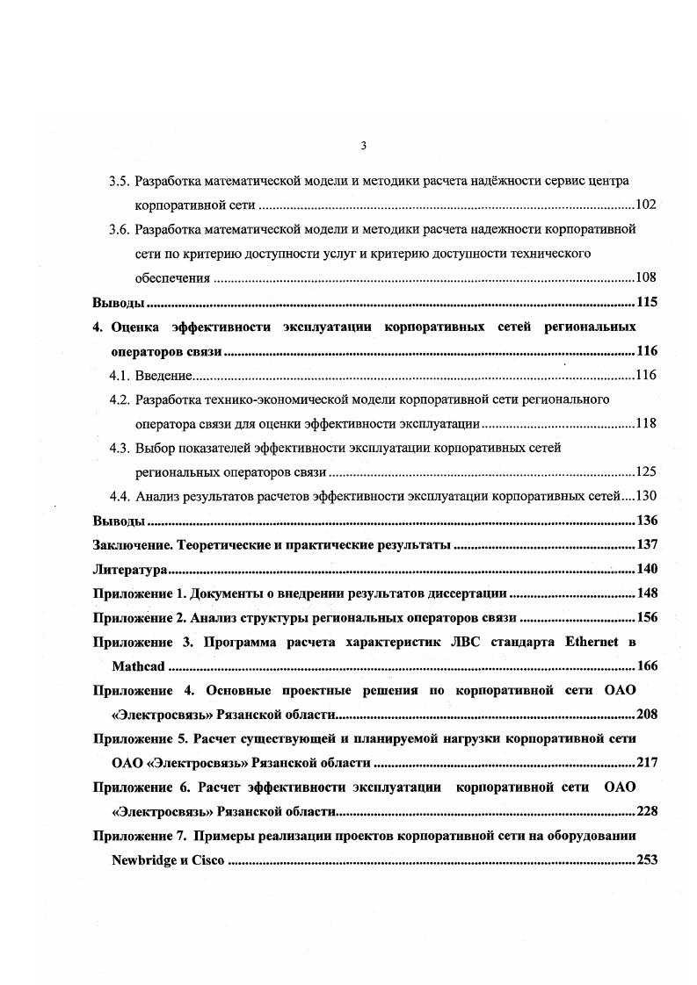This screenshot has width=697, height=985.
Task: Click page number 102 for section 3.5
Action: [646, 205]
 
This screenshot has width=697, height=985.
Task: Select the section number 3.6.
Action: [120, 230]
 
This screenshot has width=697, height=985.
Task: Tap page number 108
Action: [646, 278]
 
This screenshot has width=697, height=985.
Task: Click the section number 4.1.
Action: [120, 376]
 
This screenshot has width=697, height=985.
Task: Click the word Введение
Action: [163, 376]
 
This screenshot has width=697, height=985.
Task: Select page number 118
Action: [646, 424]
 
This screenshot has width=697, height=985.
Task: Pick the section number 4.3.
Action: [120, 448]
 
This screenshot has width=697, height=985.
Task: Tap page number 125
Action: [646, 472]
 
